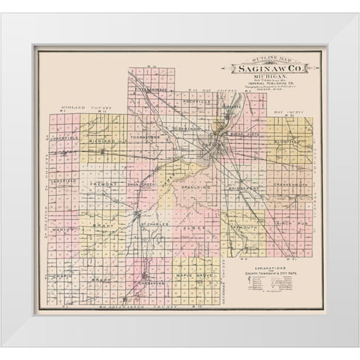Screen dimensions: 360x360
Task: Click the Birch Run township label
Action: coord(291,223)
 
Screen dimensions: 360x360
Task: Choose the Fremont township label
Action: coord(101,182)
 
